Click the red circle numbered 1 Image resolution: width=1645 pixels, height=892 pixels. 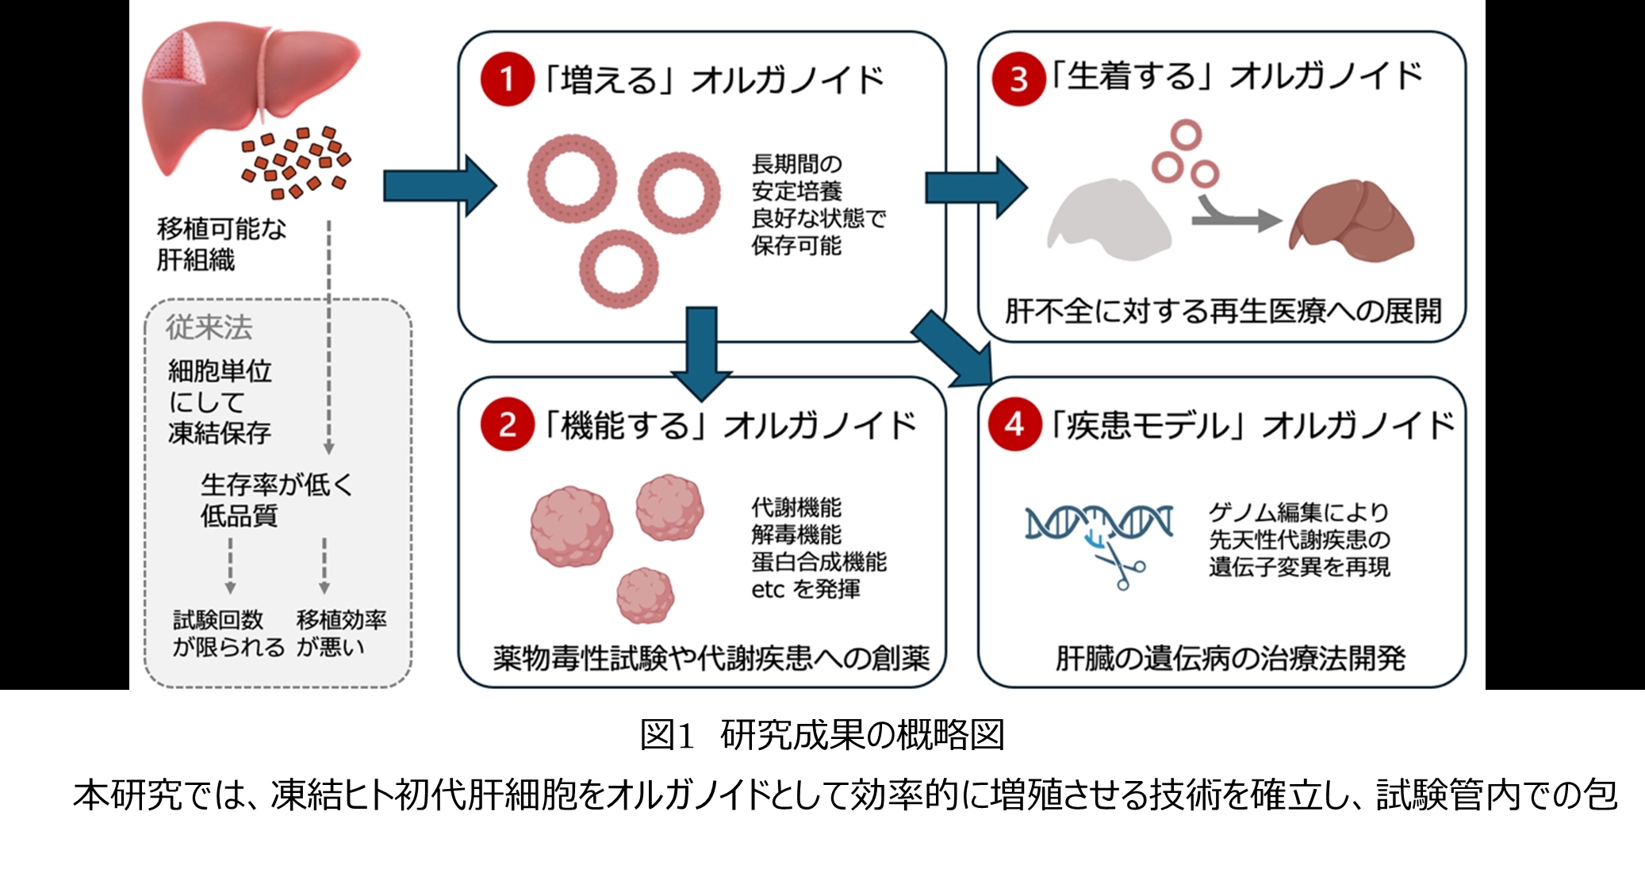(507, 79)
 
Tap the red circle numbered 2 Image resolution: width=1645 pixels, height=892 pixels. (507, 424)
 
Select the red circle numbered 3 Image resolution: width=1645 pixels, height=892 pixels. (1018, 78)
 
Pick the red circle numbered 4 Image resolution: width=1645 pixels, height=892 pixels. (1014, 424)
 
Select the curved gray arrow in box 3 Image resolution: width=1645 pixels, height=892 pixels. (1234, 214)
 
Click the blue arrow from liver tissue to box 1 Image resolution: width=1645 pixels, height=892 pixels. (439, 186)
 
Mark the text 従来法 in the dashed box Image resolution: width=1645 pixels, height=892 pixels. (209, 327)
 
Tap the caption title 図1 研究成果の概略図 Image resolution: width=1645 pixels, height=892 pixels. (822, 735)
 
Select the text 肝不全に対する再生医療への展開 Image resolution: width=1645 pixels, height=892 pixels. (1222, 311)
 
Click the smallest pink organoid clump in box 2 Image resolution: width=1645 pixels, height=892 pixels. (646, 595)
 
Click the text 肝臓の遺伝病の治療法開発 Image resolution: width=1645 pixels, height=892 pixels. (1229, 658)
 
